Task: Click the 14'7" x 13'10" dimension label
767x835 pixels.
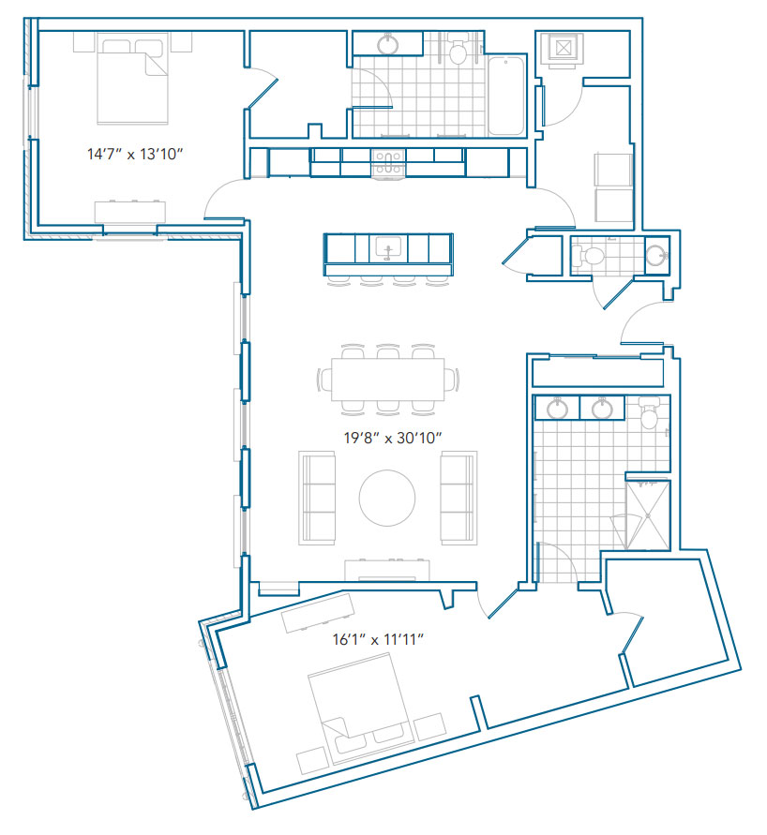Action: coord(135,154)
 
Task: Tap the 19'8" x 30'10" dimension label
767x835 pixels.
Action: coord(393,438)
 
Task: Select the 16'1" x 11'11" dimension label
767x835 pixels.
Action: coord(378,638)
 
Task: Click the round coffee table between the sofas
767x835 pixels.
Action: coord(387,498)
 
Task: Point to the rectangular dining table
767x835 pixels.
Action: coord(388,380)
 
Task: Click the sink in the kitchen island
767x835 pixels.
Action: coord(388,248)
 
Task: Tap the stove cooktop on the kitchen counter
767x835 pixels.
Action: coord(388,162)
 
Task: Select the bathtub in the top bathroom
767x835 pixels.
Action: coord(506,96)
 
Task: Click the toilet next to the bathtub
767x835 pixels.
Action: coord(457,49)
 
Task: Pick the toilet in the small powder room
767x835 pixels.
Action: coord(588,256)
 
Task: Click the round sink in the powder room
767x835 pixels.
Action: coord(656,255)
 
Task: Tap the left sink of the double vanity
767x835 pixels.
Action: coord(557,409)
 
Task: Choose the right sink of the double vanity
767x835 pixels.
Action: coord(602,409)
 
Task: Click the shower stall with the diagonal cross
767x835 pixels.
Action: coord(648,514)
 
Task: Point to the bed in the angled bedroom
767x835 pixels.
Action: coord(361,709)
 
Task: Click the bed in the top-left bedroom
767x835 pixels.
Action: coord(132,79)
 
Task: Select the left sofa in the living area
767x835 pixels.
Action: coord(317,498)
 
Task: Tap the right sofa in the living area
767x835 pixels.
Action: coord(459,498)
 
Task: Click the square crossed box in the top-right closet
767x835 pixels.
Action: coord(563,49)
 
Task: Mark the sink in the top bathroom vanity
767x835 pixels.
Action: coord(388,44)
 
